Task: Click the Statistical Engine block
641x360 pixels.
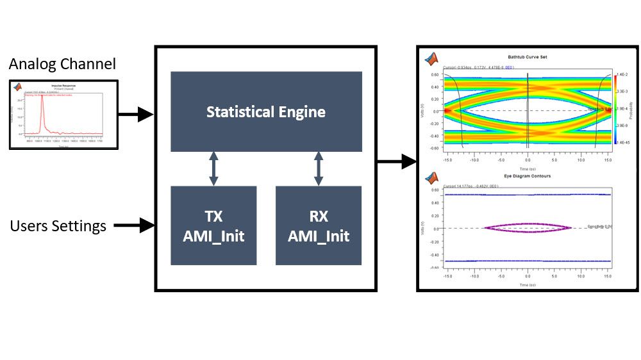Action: click(266, 111)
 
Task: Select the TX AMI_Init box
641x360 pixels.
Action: click(213, 225)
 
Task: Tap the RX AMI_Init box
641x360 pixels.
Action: click(319, 225)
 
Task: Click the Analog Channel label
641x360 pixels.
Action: click(62, 64)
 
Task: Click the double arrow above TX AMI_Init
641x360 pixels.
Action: click(213, 169)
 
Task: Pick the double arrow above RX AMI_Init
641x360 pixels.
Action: click(319, 169)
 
